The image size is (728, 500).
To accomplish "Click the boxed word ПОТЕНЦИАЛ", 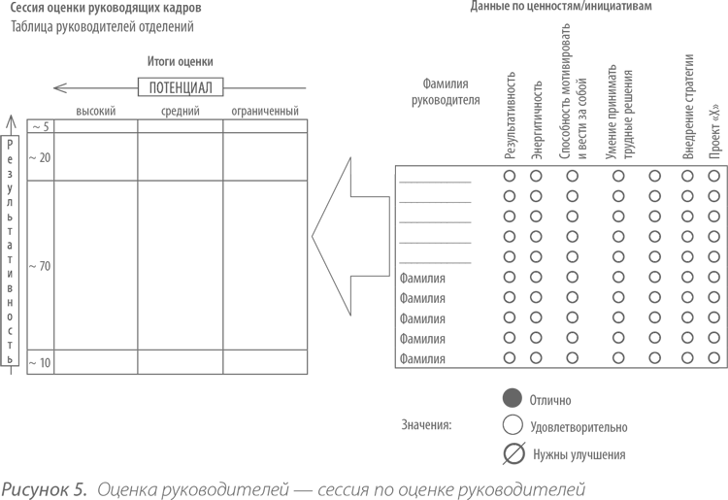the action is (x=181, y=87).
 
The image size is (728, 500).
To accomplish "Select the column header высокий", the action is (x=96, y=112).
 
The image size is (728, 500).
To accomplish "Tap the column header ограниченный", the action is (x=265, y=112).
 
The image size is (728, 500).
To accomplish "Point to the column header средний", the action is (x=181, y=112).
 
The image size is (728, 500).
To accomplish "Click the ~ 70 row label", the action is (x=40, y=266).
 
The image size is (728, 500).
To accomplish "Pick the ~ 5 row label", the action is (x=41, y=127).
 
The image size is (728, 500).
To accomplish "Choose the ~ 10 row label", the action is (x=40, y=362).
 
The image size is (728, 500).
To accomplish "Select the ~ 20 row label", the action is (x=40, y=158).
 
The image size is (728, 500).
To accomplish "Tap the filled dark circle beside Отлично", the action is (x=513, y=399).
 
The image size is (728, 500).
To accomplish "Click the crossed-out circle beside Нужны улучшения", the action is (x=513, y=453).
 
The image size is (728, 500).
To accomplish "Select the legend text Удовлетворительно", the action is (x=579, y=427).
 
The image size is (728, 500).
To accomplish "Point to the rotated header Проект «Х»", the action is (x=715, y=131).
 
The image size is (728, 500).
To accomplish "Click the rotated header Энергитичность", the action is (x=536, y=120).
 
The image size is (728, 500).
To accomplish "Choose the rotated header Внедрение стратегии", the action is (x=688, y=107).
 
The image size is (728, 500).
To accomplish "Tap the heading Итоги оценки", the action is (x=181, y=61).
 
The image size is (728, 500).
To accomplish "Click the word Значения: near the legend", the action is (x=426, y=425).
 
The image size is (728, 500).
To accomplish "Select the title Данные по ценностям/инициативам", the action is (x=561, y=6).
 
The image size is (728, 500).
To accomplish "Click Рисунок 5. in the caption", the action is (x=44, y=489).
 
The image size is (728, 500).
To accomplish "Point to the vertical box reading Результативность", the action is (x=10, y=250).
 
